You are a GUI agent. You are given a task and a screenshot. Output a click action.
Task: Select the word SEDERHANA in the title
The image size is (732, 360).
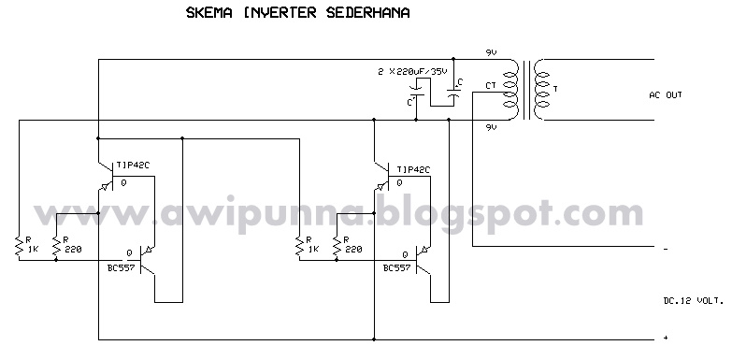click(342, 15)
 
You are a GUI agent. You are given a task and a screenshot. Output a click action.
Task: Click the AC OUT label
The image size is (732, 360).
click(667, 95)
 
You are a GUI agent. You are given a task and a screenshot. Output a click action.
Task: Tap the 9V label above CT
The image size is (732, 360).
click(491, 53)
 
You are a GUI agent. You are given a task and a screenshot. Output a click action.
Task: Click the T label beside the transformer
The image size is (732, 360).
click(555, 89)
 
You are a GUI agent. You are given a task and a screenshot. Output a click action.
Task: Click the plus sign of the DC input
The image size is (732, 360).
click(664, 337)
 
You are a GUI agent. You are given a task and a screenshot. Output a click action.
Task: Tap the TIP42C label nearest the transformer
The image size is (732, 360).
click(413, 170)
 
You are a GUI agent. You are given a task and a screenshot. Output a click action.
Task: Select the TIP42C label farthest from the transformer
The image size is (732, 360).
click(133, 170)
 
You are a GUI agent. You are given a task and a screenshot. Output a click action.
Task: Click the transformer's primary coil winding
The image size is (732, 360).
click(511, 91)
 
